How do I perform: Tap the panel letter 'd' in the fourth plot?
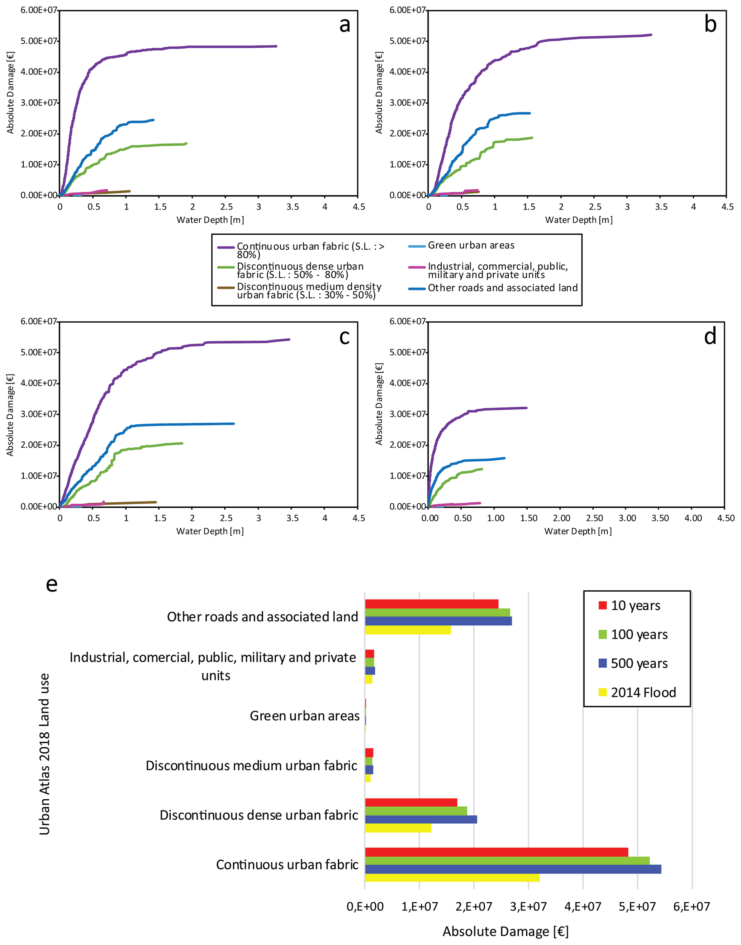(710, 337)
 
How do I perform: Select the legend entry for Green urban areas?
(471, 246)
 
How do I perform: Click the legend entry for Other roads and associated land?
(502, 288)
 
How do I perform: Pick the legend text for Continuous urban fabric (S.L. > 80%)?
(310, 250)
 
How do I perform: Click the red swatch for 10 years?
(603, 605)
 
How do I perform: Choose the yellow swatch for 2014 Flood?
(603, 692)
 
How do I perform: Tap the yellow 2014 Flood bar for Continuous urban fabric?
(452, 878)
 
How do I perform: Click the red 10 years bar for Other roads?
(432, 604)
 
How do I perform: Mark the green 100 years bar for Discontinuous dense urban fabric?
(416, 811)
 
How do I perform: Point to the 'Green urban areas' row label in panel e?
(305, 716)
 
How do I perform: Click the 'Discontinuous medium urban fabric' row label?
(251, 765)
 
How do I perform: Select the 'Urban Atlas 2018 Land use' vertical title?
(44, 754)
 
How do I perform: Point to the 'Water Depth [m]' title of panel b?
(579, 220)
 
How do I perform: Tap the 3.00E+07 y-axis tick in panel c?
(39, 414)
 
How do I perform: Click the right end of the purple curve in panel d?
(526, 408)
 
